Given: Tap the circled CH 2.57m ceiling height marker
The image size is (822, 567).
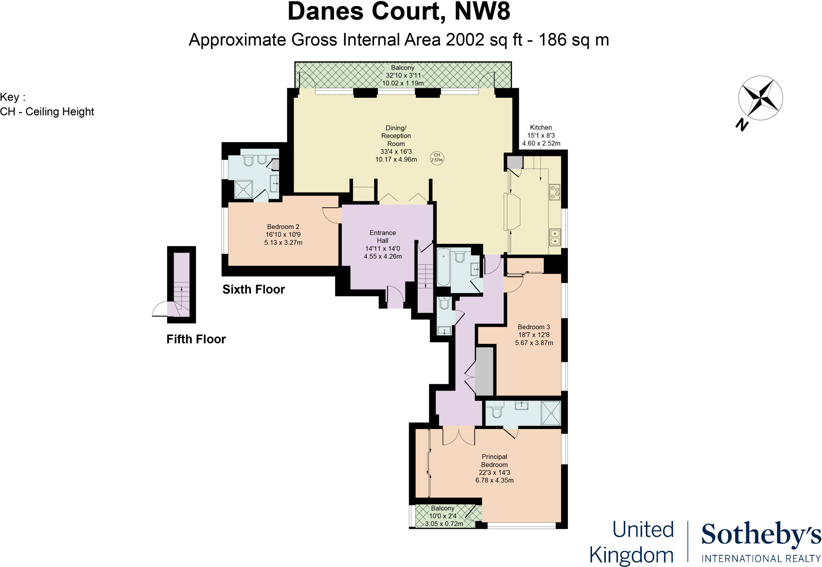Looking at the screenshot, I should tap(437, 157).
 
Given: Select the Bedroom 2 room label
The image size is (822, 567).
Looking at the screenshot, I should tap(283, 235).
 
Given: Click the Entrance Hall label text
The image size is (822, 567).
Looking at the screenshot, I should tap(383, 237).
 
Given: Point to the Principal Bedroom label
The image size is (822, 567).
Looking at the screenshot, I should tap(494, 461).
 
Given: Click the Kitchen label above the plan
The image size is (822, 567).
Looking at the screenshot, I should tap(541, 128).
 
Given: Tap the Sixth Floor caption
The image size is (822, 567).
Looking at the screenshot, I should tap(254, 289).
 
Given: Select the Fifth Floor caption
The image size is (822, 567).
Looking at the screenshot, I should tap(196, 339).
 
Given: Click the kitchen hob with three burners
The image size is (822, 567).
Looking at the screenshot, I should tap(555, 192).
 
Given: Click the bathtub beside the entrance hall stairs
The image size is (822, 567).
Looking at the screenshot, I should tap(443, 267).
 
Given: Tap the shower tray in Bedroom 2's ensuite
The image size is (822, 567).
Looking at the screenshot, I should tap(244, 189).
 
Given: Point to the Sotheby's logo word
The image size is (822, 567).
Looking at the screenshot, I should tap(761, 535).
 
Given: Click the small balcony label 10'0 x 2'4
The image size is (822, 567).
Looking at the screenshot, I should tap(443, 516).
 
